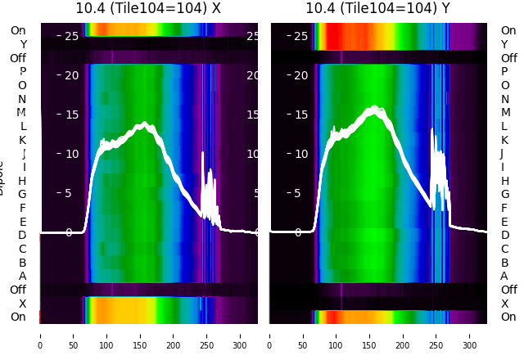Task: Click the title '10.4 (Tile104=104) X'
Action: (148, 9)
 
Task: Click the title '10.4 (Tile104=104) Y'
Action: (378, 9)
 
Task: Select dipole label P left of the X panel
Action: (22, 71)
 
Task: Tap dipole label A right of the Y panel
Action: (504, 276)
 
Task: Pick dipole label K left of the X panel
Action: (22, 140)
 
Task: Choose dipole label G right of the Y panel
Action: (504, 194)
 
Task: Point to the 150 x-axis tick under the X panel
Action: (140, 335)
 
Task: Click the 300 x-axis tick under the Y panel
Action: (470, 335)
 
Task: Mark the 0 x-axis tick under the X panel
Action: (40, 335)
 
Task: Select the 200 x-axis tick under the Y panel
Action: (404, 335)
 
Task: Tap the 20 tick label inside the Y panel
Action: (300, 75)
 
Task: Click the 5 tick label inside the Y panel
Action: (300, 193)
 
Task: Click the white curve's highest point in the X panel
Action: (145, 123)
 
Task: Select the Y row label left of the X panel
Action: (22, 44)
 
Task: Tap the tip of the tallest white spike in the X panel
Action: (202, 153)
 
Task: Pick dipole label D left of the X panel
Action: (22, 235)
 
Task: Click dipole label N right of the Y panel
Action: (504, 99)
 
